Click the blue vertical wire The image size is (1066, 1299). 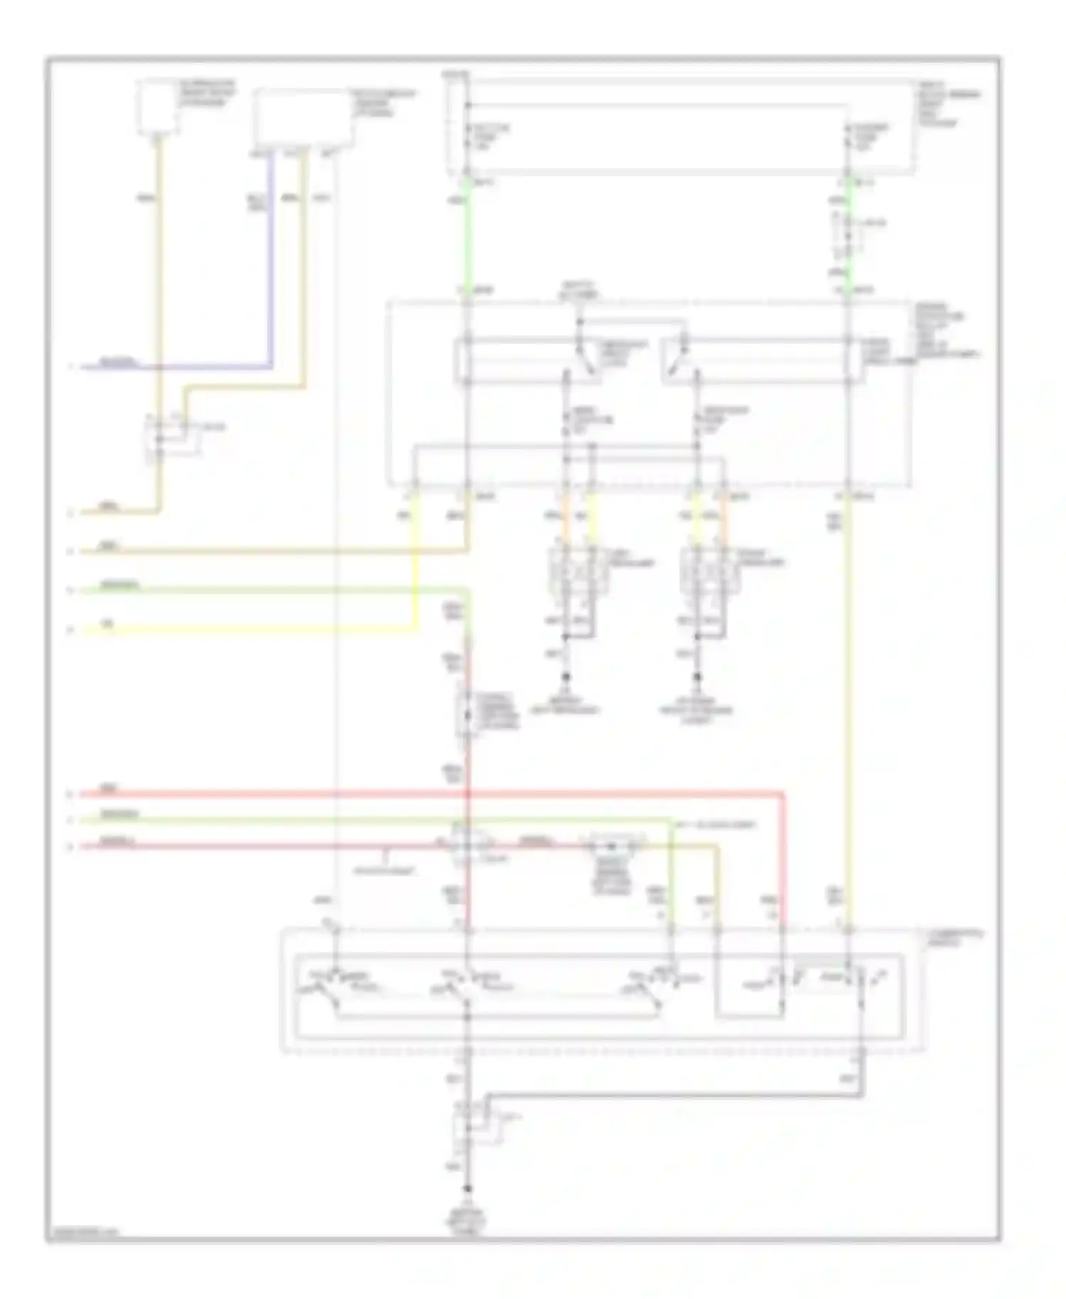(x=271, y=263)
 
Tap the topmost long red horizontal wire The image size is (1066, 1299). (x=426, y=792)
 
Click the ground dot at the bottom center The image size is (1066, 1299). (x=467, y=1189)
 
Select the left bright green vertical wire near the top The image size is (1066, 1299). (x=467, y=235)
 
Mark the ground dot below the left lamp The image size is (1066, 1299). (x=566, y=677)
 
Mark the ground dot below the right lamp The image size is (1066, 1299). (x=697, y=677)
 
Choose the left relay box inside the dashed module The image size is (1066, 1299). (x=526, y=361)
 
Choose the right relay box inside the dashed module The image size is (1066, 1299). (x=764, y=361)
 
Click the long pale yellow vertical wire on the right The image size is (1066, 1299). (x=847, y=711)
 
